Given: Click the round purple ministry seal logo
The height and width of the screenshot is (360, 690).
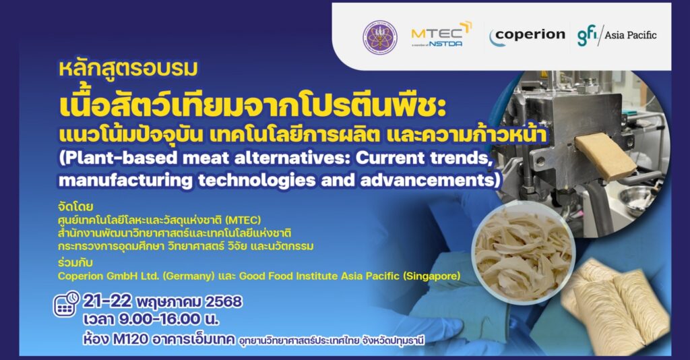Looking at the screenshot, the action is [380, 37].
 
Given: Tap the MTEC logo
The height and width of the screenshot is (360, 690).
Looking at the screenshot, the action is [441, 34].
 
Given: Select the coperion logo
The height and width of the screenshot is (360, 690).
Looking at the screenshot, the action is [527, 36].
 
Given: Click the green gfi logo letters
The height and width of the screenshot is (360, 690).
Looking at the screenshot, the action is [588, 35].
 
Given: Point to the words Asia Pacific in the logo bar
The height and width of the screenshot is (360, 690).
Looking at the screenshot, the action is [630, 35].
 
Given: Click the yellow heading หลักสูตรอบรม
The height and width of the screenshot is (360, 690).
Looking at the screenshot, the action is [128, 69].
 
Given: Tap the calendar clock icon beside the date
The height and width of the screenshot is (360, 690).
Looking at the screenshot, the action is [66, 303].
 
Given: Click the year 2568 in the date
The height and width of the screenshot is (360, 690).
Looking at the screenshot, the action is [224, 302].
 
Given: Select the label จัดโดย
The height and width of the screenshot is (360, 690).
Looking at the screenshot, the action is [75, 207].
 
